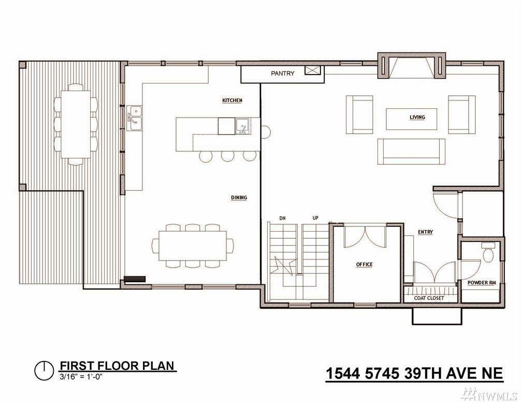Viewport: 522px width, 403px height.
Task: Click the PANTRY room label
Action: coord(282,73)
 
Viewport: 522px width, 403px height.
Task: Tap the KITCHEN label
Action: coord(232,100)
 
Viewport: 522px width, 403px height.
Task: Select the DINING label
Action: coord(239,197)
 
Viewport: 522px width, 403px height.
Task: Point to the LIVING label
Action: coord(417,117)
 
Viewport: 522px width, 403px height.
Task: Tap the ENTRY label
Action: coord(426,232)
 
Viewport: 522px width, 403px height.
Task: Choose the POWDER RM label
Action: coord(482,283)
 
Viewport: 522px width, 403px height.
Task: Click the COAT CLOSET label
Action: coord(429,298)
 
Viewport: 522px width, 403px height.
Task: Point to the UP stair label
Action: coord(315,218)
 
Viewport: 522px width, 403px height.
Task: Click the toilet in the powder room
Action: coord(488,253)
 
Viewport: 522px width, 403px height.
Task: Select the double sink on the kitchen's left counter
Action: coord(135,118)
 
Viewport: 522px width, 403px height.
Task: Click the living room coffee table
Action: coord(412,119)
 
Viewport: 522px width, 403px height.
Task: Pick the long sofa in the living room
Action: coord(412,152)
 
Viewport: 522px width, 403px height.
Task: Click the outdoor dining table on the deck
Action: coord(76,124)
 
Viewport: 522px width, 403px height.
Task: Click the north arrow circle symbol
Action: coord(44,370)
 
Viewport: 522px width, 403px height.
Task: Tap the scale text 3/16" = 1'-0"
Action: coord(80,377)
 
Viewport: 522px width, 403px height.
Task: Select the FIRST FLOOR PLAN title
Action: coord(117,366)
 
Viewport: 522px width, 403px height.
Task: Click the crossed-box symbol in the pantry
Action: coord(313,70)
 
